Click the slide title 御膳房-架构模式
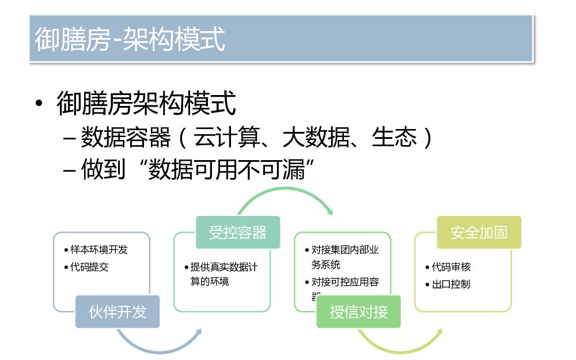coord(130,39)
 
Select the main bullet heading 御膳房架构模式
coord(146,104)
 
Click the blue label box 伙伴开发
coord(118,312)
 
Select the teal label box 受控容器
coord(238,232)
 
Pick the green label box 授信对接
coord(358,312)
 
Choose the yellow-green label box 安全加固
coord(479,232)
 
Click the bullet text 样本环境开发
coord(98,250)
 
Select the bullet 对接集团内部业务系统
coord(344,257)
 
